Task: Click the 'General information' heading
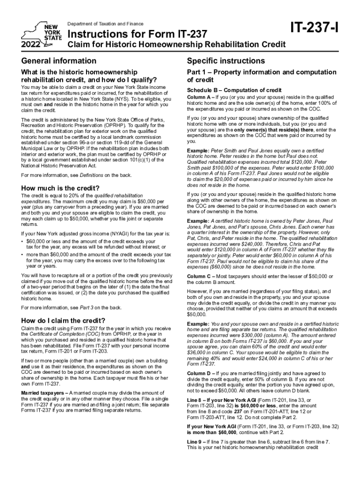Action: coord(59,61)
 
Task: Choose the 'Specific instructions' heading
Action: coord(226,61)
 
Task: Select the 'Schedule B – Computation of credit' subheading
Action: coord(234,90)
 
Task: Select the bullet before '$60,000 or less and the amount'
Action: coord(23,241)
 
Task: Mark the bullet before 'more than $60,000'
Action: coord(23,255)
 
